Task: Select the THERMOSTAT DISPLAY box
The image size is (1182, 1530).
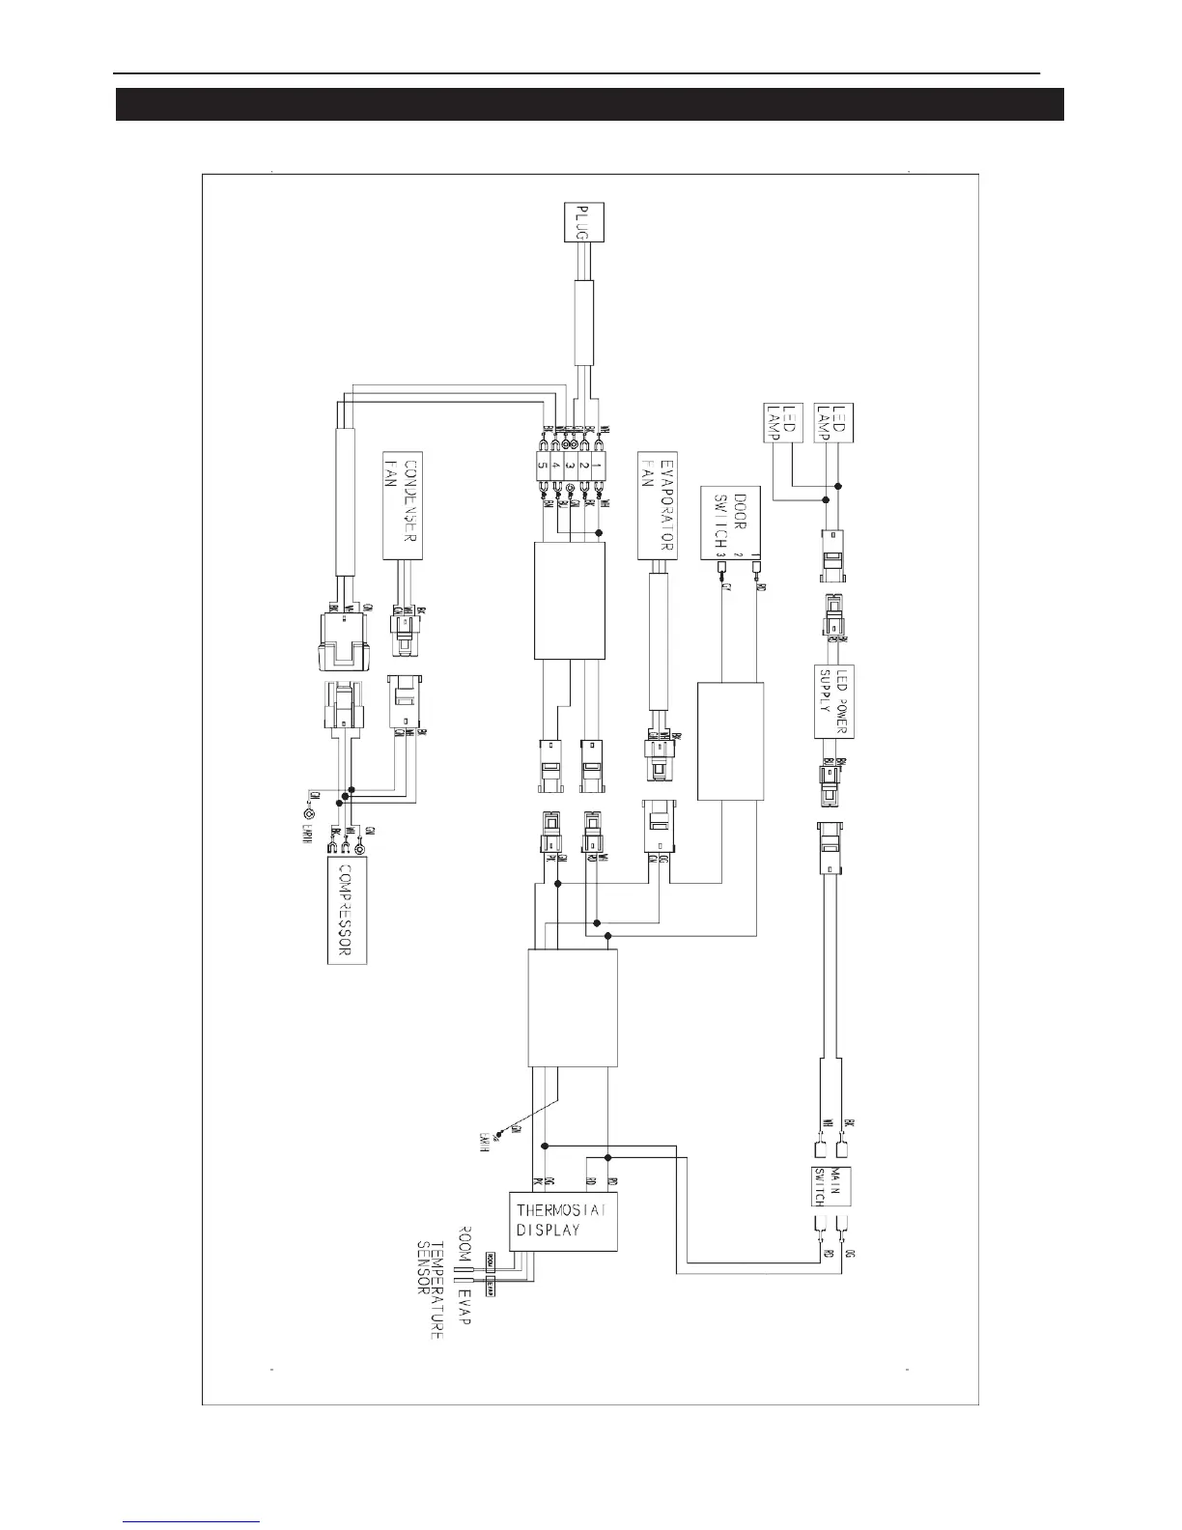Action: pyautogui.click(x=563, y=1221)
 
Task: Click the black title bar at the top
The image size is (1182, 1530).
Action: pyautogui.click(x=589, y=104)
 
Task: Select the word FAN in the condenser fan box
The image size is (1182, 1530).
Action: pyautogui.click(x=392, y=467)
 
